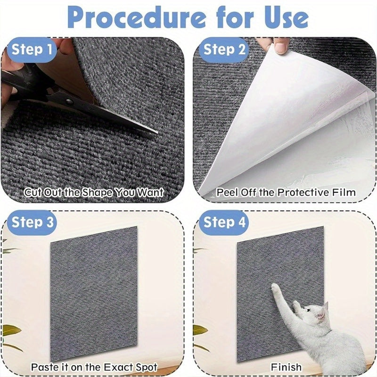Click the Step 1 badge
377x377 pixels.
pos(32,49)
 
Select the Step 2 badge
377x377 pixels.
pos(224,49)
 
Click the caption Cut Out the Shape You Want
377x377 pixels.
pos(94,192)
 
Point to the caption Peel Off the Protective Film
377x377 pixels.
pos(286,192)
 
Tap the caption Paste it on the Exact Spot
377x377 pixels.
pos(94,366)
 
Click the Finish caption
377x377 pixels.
pos(286,366)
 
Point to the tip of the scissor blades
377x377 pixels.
pos(157,133)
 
